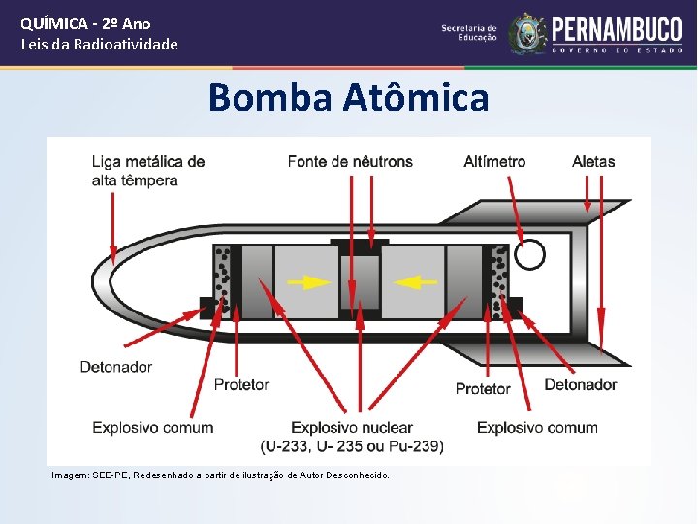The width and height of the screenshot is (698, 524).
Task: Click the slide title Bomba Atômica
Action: click(x=348, y=98)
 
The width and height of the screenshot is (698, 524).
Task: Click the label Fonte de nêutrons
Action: click(x=350, y=161)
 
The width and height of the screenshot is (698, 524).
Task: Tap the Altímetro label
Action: click(x=494, y=161)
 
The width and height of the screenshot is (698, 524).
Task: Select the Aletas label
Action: click(x=593, y=161)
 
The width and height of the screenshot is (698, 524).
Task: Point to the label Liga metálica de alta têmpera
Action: click(x=148, y=171)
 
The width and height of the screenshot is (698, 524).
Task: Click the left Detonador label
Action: click(x=115, y=367)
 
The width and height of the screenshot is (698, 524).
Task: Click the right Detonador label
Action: click(x=580, y=384)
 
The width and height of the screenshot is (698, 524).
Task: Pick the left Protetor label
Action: click(x=240, y=385)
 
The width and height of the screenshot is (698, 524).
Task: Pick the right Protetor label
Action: click(x=483, y=388)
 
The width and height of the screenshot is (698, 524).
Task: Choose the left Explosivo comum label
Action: click(x=153, y=427)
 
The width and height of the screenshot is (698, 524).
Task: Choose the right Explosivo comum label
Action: click(x=537, y=427)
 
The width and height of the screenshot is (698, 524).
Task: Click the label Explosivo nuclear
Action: click(x=352, y=427)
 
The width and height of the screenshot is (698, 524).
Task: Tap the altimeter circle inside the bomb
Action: click(x=529, y=254)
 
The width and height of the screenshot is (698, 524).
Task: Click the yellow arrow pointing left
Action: click(x=416, y=282)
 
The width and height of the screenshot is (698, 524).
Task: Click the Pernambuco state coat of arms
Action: click(x=528, y=32)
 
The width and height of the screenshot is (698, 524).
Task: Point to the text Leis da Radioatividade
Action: click(x=100, y=44)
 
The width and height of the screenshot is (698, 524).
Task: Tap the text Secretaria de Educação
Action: click(x=469, y=32)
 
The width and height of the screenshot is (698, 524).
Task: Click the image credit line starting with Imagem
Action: click(x=221, y=475)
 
